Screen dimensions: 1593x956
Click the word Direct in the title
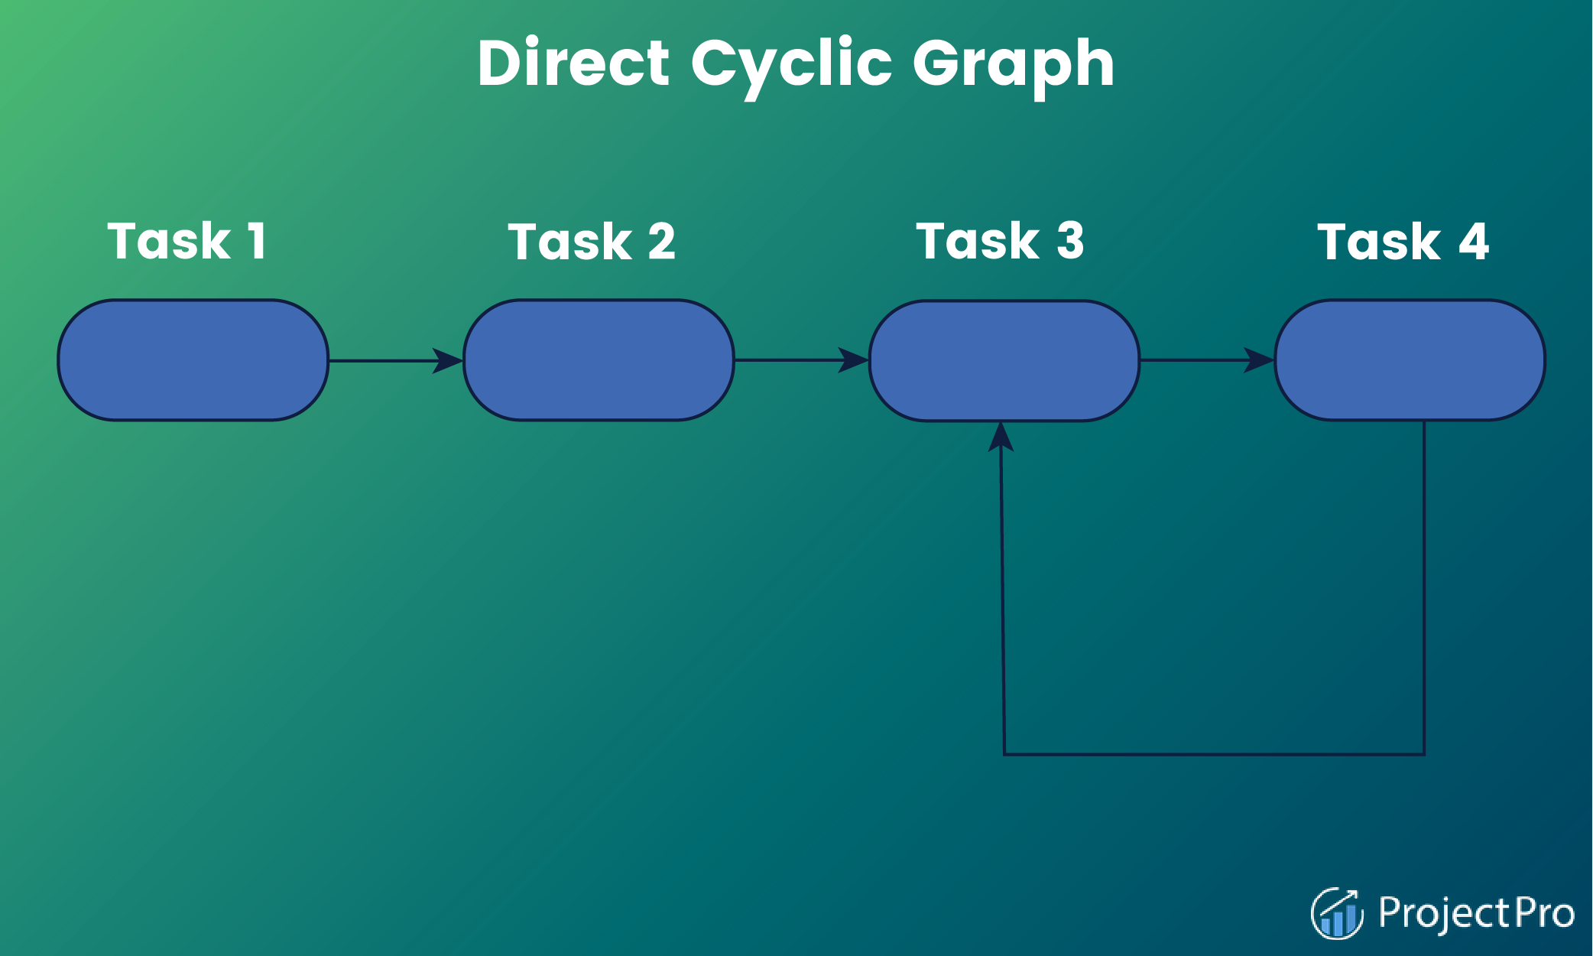point(574,63)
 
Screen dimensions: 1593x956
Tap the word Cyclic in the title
point(791,67)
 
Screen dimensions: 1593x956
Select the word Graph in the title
point(1014,67)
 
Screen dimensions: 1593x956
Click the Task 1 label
point(187,241)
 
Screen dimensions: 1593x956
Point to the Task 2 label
point(592,242)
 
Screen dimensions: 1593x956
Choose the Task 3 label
point(1000,241)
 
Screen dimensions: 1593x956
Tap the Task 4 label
point(1403,242)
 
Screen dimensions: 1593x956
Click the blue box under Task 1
point(193,360)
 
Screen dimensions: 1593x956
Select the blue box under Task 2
point(599,360)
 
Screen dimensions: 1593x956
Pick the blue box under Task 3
point(1004,361)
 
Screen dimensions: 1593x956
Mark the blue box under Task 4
point(1410,360)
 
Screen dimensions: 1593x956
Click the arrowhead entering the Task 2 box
point(448,360)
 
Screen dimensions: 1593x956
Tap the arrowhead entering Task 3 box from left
point(854,360)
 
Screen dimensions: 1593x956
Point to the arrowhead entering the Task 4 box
point(1259,360)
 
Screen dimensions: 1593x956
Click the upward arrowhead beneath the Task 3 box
point(1001,437)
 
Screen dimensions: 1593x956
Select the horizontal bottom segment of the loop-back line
point(1214,754)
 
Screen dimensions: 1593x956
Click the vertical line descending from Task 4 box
point(1424,587)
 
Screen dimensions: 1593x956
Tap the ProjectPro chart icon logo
point(1337,913)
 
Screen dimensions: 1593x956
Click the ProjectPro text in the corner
point(1476,913)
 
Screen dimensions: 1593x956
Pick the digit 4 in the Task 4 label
point(1474,242)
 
